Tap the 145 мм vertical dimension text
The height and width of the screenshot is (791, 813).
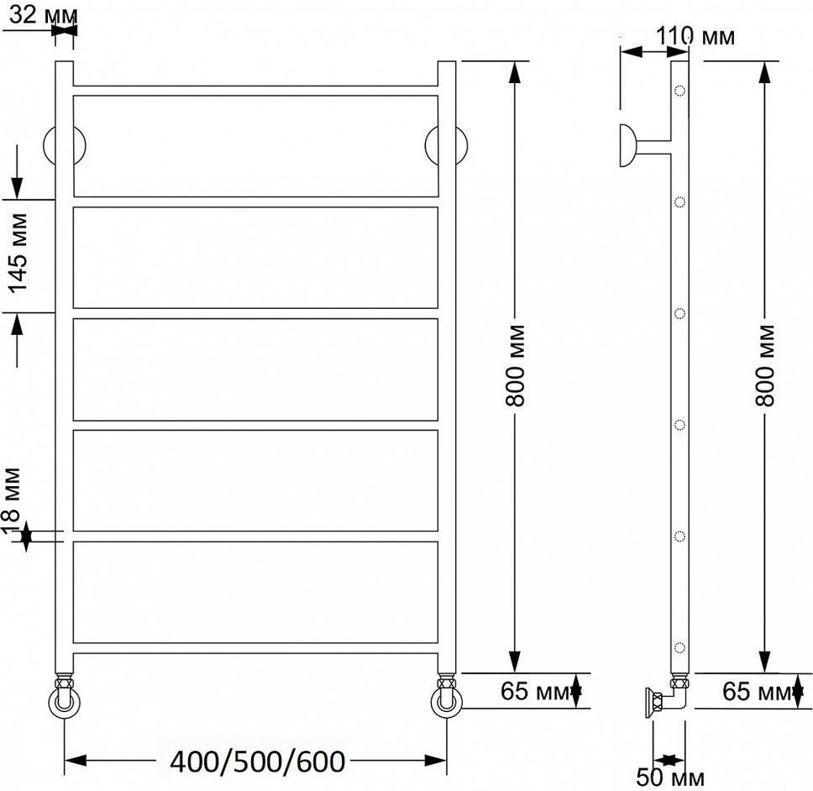coord(18,254)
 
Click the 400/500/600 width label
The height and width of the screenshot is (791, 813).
coord(258,762)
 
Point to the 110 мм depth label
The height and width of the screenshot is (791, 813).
coord(695,36)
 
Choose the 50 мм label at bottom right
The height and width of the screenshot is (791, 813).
coord(670,778)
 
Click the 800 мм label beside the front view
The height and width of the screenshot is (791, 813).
coord(516,365)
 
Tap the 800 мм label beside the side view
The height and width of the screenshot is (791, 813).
coord(765,365)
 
